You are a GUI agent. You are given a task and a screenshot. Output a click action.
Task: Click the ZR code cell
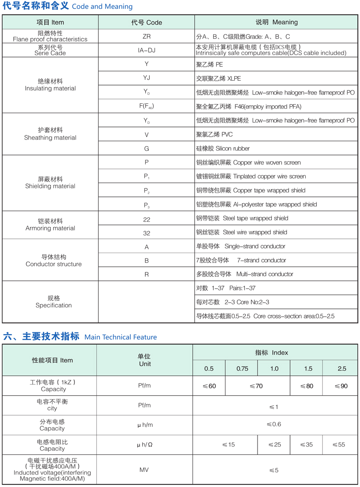(x=146, y=37)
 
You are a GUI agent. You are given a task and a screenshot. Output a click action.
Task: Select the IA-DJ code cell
(x=146, y=50)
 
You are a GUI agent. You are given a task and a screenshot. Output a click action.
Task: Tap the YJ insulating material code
(x=146, y=78)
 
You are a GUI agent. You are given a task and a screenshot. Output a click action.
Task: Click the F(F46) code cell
(x=146, y=106)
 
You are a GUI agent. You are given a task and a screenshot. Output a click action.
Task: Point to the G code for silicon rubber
(x=146, y=148)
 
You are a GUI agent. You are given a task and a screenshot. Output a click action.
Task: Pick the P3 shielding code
(x=146, y=205)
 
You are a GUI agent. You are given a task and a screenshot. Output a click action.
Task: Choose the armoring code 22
(x=146, y=219)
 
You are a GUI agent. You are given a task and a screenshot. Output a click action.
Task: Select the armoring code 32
(x=146, y=233)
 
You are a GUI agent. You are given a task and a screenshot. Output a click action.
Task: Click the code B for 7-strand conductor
(x=146, y=260)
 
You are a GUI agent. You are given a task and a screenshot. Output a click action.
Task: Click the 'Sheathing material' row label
(x=50, y=134)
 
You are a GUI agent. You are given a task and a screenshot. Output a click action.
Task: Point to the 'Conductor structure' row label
(x=53, y=261)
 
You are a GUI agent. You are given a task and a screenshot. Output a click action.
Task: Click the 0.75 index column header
(x=242, y=368)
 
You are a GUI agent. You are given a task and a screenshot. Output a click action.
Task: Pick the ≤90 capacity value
(x=341, y=386)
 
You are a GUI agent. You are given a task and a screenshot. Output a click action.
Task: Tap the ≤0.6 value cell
(x=274, y=424)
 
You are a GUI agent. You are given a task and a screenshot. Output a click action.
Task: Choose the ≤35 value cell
(x=307, y=445)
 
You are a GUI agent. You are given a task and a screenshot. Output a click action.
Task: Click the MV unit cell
(x=144, y=470)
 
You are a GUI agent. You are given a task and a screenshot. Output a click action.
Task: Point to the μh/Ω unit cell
(x=144, y=445)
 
